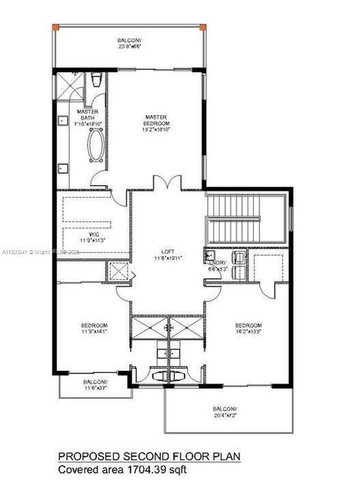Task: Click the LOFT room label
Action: tap(167, 253)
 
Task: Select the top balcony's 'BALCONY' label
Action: tap(129, 41)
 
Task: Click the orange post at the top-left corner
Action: tap(59, 27)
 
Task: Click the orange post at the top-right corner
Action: tap(203, 27)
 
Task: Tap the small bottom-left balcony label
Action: tap(95, 382)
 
